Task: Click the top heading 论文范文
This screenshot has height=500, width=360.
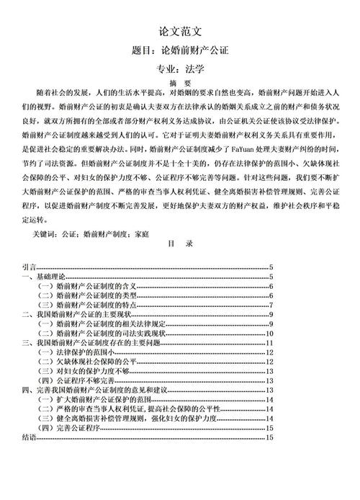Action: click(179, 32)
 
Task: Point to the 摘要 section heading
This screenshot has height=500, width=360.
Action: click(179, 83)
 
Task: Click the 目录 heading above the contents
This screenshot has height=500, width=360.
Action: click(179, 245)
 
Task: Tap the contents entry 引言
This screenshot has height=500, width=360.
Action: click(28, 269)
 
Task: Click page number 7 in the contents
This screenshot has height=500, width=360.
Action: click(269, 304)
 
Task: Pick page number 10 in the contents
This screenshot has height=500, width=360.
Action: click(269, 333)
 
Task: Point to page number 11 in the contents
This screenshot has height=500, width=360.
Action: click(269, 342)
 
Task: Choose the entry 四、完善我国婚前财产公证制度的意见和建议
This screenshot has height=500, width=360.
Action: click(94, 389)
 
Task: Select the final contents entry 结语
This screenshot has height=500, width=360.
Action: click(28, 437)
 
